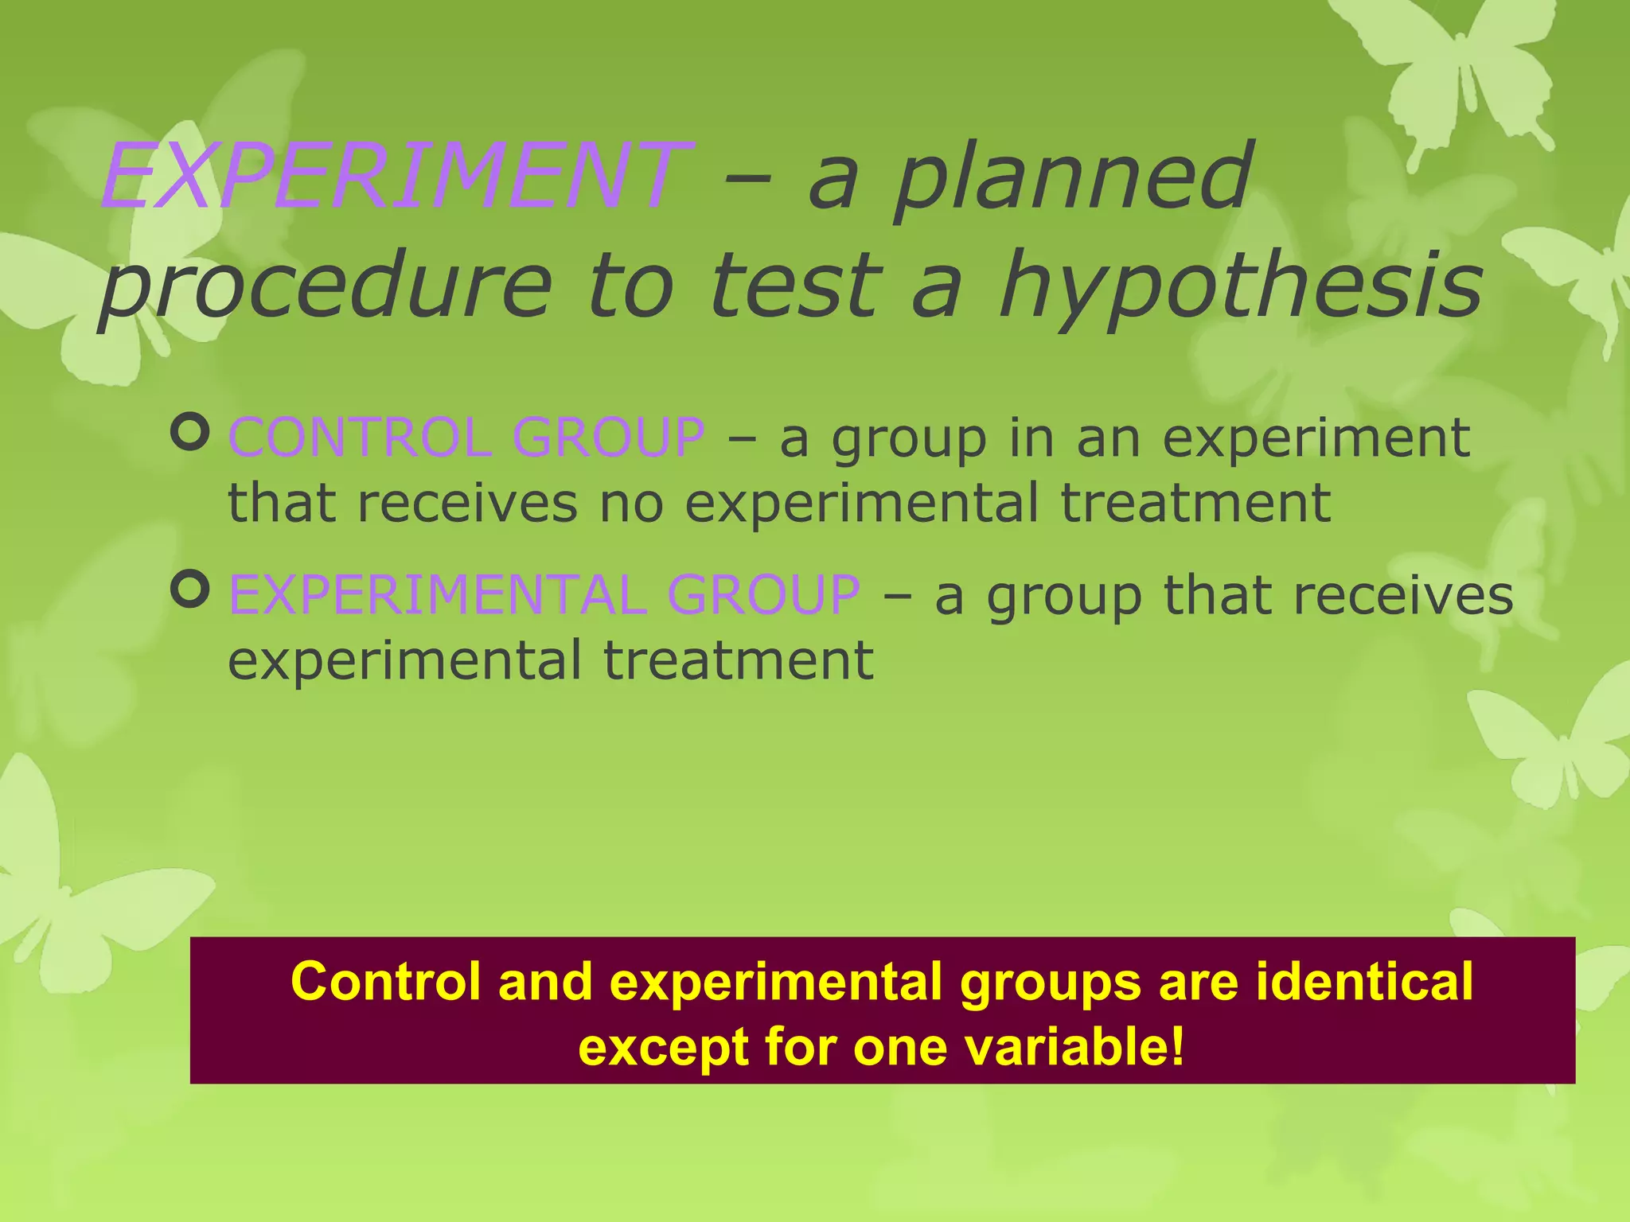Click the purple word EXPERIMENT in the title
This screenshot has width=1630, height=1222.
point(396,176)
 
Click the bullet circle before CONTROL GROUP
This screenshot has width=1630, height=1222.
point(190,433)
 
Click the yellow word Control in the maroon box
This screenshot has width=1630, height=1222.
point(386,981)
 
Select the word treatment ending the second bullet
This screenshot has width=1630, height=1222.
point(739,660)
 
